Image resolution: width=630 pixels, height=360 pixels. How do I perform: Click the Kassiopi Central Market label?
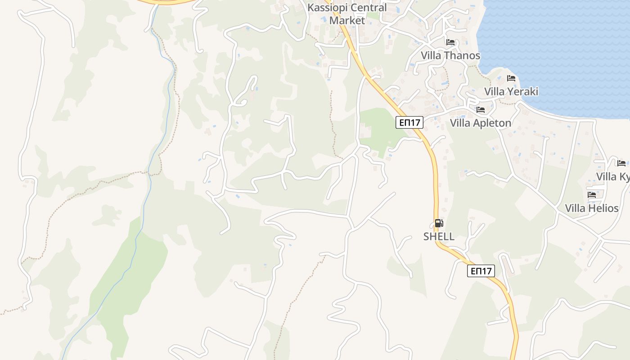pyautogui.click(x=347, y=14)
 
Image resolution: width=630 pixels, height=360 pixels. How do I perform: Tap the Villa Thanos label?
pyautogui.click(x=450, y=56)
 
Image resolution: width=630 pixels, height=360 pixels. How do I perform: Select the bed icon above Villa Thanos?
pyautogui.click(x=450, y=42)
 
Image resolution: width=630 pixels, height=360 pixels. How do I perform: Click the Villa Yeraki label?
pyautogui.click(x=511, y=92)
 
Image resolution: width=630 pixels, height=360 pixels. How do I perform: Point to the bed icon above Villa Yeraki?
pyautogui.click(x=511, y=78)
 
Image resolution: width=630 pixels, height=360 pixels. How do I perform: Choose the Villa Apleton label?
pyautogui.click(x=481, y=123)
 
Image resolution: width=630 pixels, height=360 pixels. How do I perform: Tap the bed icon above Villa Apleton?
pyautogui.click(x=481, y=110)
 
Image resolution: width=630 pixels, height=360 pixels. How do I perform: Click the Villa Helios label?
pyautogui.click(x=592, y=208)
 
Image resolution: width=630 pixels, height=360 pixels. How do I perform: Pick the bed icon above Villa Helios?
pyautogui.click(x=592, y=195)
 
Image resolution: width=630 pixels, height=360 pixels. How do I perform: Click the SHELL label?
pyautogui.click(x=439, y=237)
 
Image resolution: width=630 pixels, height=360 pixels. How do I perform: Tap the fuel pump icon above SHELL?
pyautogui.click(x=439, y=223)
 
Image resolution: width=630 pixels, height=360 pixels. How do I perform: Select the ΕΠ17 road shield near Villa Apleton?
pyautogui.click(x=409, y=122)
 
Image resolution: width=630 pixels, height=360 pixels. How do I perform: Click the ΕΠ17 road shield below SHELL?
pyautogui.click(x=481, y=271)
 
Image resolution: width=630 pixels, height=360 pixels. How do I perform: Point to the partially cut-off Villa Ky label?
pyautogui.click(x=613, y=176)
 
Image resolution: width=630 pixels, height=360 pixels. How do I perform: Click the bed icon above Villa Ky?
pyautogui.click(x=621, y=163)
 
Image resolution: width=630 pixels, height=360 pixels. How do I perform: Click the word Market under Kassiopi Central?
pyautogui.click(x=347, y=20)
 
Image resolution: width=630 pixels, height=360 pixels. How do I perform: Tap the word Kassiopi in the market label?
pyautogui.click(x=324, y=8)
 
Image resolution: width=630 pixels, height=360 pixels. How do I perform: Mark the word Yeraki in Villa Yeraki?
pyautogui.click(x=524, y=92)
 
